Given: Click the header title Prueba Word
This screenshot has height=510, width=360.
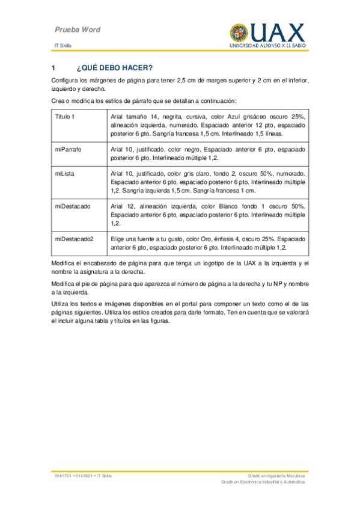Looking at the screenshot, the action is [78, 29].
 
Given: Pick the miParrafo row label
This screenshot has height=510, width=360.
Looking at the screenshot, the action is [68, 149].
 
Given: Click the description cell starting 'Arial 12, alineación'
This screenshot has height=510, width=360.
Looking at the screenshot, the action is [208, 215].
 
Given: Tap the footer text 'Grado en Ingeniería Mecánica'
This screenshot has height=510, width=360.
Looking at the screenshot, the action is [276, 476].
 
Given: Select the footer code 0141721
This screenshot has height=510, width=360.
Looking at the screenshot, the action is [64, 476].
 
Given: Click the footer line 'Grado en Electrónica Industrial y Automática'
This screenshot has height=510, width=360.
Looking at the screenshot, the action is [263, 482].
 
